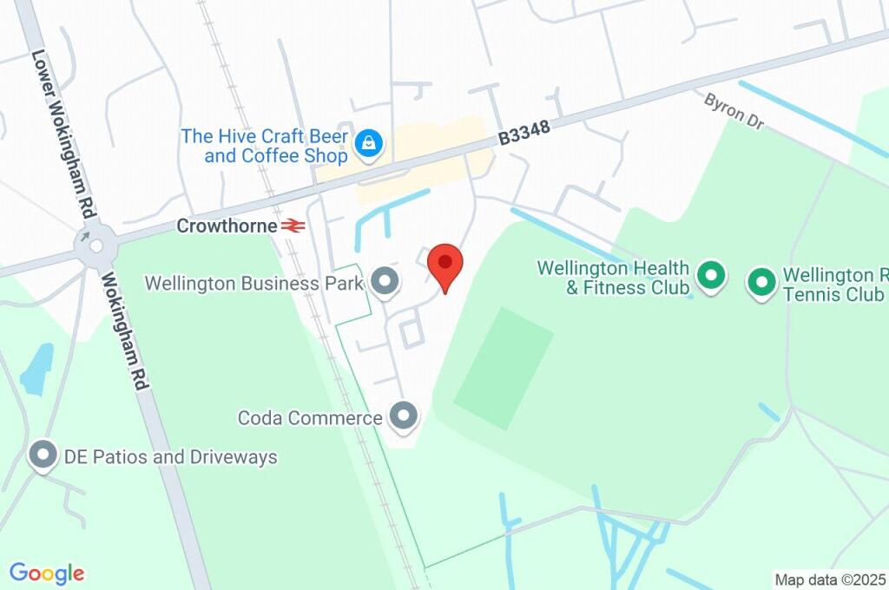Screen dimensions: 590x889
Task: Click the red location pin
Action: (x=446, y=264)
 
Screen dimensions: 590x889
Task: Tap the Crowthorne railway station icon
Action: (x=293, y=226)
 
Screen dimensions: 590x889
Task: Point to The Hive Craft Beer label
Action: (x=265, y=146)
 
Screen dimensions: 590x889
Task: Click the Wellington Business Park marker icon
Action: (x=384, y=281)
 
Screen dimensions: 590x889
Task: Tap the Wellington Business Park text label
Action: (x=254, y=283)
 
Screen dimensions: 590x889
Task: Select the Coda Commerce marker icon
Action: (x=403, y=416)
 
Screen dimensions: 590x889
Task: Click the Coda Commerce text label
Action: (x=310, y=418)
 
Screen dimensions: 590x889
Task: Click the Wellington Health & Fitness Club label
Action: (x=613, y=278)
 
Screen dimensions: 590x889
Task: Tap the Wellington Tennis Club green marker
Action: (x=761, y=282)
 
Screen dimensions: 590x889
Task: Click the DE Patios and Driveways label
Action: (x=170, y=457)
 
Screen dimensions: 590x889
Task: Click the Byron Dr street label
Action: (x=734, y=112)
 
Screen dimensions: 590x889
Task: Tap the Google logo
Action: (x=47, y=574)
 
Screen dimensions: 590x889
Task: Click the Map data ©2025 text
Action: (x=830, y=579)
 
